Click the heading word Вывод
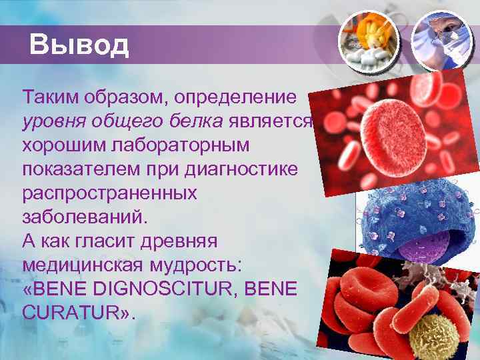[x=79, y=45]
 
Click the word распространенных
[x=109, y=193]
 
